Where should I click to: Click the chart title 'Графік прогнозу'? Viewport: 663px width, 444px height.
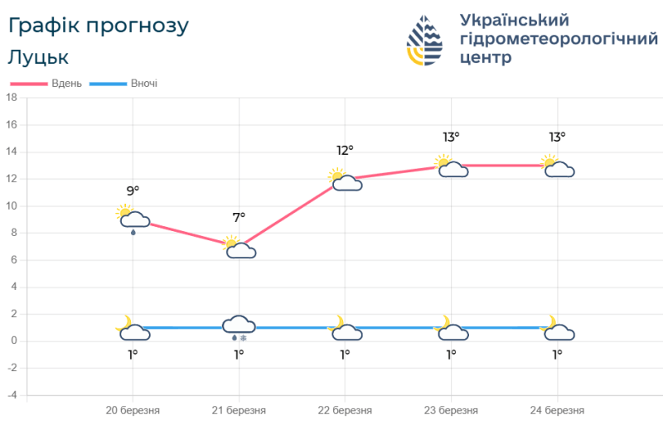(98, 26)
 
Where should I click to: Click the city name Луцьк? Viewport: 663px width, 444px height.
(38, 57)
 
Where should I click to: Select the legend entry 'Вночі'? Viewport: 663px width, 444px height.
(143, 84)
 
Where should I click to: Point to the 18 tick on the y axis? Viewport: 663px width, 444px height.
(12, 98)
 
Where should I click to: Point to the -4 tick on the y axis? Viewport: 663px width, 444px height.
(12, 395)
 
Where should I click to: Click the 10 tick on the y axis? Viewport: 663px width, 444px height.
(12, 206)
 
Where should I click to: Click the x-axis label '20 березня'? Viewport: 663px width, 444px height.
(133, 410)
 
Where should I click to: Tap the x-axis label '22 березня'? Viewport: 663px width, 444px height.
(345, 410)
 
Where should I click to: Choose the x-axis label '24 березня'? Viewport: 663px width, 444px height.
(557, 410)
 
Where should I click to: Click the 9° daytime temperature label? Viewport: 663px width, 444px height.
(133, 191)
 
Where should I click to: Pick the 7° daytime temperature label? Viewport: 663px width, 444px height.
(239, 218)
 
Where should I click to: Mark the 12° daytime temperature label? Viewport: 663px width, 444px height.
(345, 150)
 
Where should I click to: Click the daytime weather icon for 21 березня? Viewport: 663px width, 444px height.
(239, 248)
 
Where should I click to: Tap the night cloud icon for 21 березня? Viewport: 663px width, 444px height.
(239, 325)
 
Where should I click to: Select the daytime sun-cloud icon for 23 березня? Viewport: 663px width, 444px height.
(451, 166)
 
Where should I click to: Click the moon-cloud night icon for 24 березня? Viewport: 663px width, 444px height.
(557, 329)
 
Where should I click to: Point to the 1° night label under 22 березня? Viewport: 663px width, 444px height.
(345, 355)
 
